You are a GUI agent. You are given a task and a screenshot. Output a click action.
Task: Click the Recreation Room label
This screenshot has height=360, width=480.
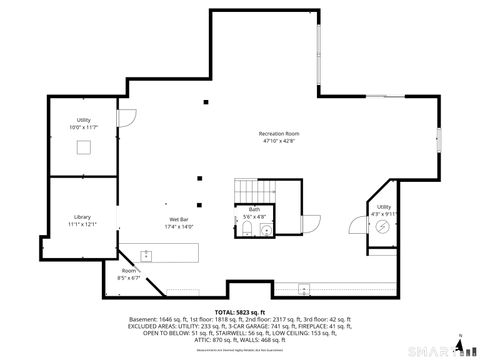279,133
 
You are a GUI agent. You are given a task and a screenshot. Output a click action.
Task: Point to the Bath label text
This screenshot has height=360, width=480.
254,209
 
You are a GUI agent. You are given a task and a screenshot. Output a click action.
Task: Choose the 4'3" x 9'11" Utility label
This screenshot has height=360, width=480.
384,209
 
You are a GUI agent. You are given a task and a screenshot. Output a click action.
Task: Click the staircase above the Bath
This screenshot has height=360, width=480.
254,190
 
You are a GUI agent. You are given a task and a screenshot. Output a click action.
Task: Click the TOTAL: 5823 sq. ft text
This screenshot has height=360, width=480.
239,312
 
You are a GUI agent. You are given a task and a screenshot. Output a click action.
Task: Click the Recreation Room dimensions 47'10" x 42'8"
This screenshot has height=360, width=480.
279,141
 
